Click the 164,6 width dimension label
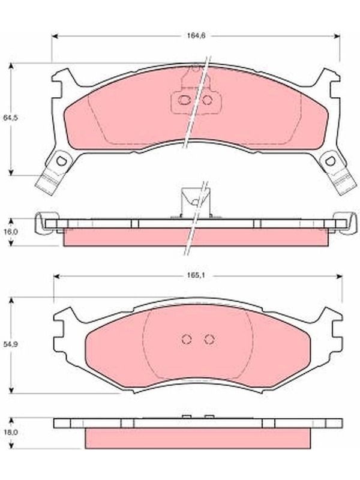click(196, 35)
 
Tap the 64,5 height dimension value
click(10, 118)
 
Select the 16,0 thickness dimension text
click(10, 232)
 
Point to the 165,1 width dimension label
click(196, 275)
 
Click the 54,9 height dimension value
click(10, 344)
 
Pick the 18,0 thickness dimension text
click(10, 432)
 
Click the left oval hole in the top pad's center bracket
click(184, 100)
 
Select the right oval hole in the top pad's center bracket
click(207, 100)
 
